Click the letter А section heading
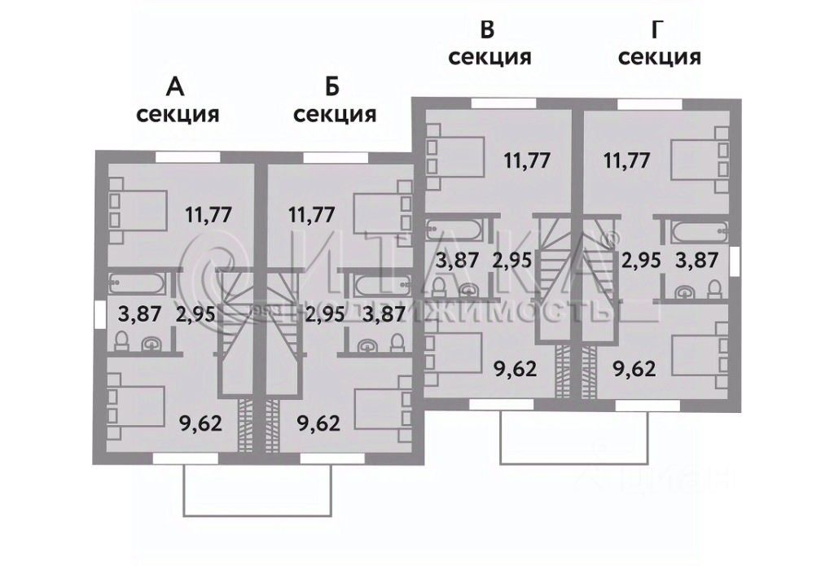click(x=174, y=86)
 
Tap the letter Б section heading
click(x=332, y=86)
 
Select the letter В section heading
click(x=488, y=31)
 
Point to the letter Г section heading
click(x=658, y=31)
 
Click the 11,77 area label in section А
click(x=208, y=215)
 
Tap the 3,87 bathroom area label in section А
click(x=140, y=314)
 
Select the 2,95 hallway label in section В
click(x=511, y=261)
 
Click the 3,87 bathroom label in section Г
click(x=698, y=261)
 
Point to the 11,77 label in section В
click(x=527, y=159)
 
